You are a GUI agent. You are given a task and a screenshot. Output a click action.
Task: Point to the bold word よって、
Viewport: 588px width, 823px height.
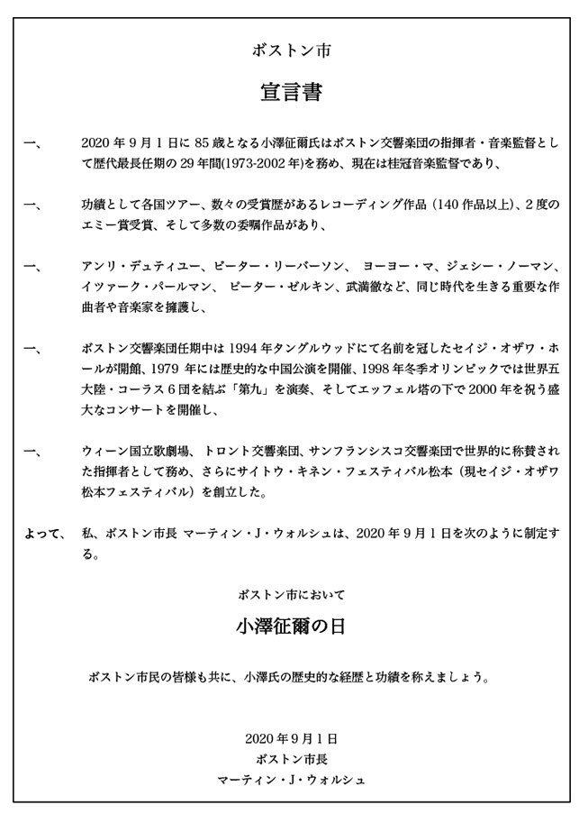(44, 534)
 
